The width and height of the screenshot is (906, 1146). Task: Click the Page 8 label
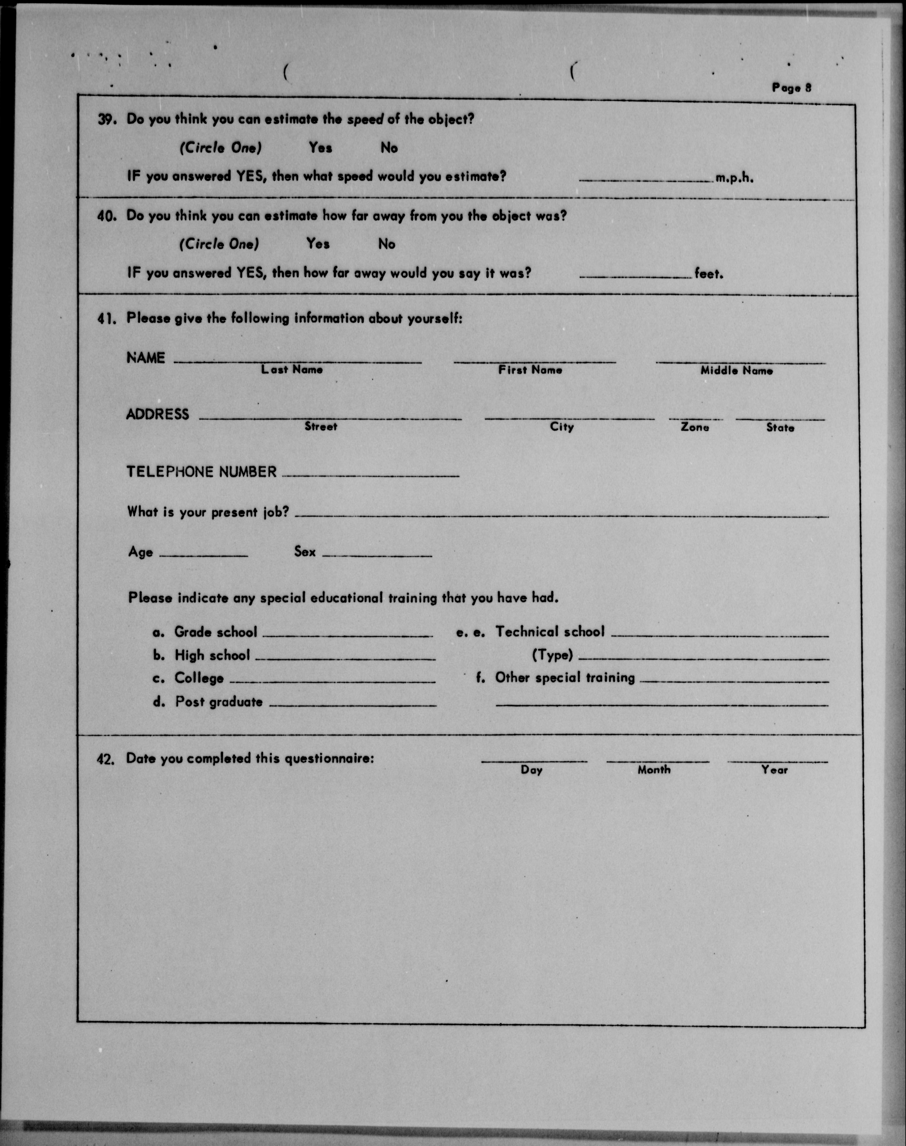(791, 87)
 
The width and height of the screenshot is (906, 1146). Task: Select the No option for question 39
(389, 148)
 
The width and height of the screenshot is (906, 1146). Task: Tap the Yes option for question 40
(318, 244)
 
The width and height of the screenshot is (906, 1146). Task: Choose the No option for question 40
(387, 244)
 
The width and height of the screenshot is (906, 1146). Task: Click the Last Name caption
(292, 370)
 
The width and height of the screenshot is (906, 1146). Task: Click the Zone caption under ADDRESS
(694, 427)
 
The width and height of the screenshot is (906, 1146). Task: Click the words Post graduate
(219, 702)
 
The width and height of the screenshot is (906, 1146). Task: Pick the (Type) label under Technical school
(552, 655)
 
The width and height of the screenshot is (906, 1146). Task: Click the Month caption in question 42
(654, 770)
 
